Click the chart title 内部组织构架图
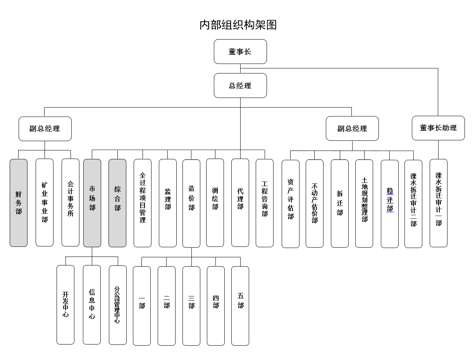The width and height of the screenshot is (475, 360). [238, 25]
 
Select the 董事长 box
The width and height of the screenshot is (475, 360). [240, 52]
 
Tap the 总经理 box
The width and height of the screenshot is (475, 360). [240, 86]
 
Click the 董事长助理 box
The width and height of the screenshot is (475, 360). [438, 128]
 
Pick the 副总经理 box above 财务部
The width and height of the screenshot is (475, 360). [45, 129]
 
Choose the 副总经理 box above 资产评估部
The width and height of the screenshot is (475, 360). [352, 128]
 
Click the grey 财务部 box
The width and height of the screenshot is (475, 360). [19, 203]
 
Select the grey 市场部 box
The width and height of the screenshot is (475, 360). [92, 203]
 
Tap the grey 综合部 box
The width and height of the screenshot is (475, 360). [117, 203]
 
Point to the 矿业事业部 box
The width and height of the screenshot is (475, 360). [45, 203]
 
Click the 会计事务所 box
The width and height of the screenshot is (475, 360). [71, 203]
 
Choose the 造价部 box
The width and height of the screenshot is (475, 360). [191, 203]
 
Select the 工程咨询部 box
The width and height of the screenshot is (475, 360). [265, 203]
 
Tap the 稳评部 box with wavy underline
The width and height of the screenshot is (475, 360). [389, 204]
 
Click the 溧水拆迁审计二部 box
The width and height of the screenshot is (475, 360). [413, 204]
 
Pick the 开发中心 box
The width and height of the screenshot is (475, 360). [65, 305]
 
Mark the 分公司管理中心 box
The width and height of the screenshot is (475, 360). [118, 305]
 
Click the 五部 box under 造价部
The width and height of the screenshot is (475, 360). [240, 306]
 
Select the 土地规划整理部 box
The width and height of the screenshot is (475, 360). [364, 203]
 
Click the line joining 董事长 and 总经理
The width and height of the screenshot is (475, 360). [241, 68]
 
